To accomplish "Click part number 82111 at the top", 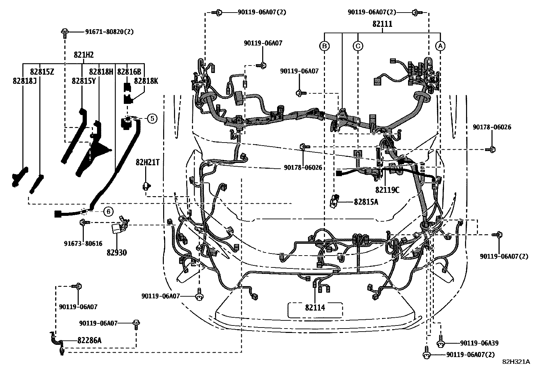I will [x=383, y=24].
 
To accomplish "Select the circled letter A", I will [x=440, y=45].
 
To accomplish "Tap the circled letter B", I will [x=325, y=45].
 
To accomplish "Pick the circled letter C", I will [x=358, y=45].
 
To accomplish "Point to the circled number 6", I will [x=108, y=212].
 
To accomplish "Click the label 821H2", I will [x=84, y=55].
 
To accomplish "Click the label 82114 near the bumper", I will [x=315, y=307].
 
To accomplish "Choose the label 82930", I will [x=117, y=253].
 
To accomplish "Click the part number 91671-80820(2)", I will [x=109, y=32].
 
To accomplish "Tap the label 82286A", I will [x=89, y=340].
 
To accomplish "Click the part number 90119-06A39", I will [x=479, y=343].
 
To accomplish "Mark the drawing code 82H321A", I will [x=516, y=362].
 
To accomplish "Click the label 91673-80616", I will [x=83, y=243].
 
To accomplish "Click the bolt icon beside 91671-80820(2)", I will [x=64, y=32].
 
